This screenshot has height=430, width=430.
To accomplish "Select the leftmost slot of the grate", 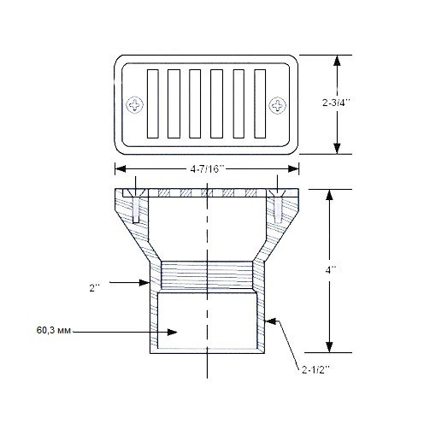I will point(153,105).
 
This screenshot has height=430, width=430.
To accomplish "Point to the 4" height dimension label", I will point(332,268).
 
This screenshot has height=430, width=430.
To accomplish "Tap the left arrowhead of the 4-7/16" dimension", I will point(117,170).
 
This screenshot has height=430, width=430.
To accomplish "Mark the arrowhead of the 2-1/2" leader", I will point(268,322).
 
